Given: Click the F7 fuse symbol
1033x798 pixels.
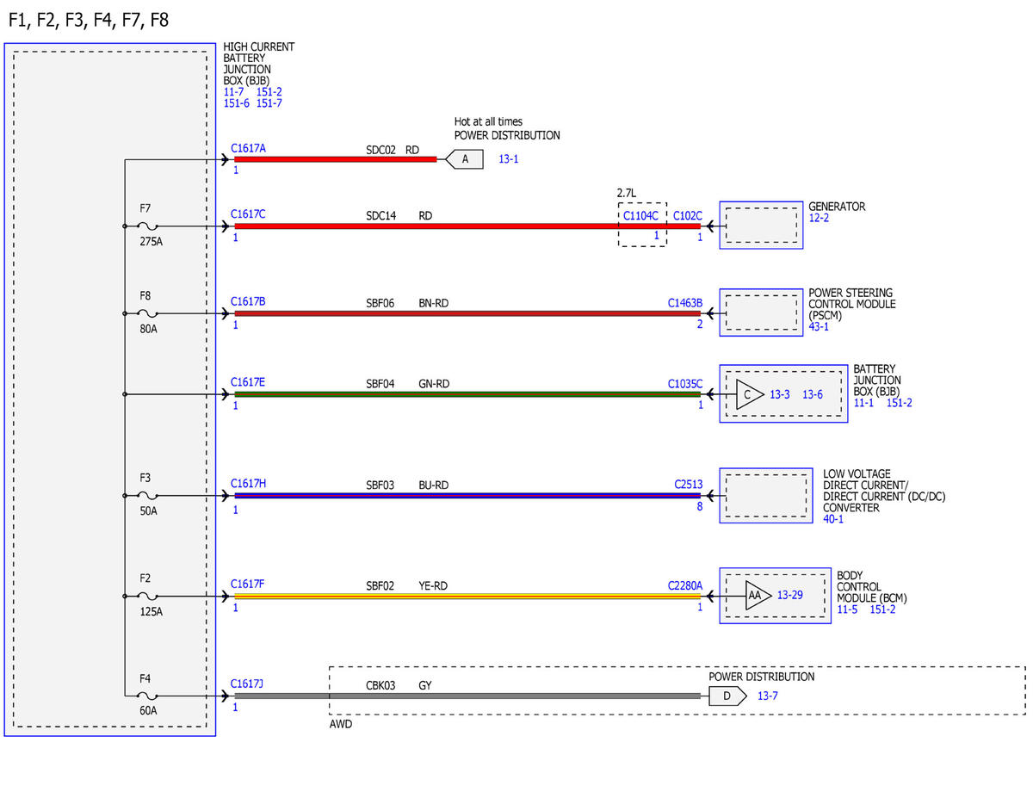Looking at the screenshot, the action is pyautogui.click(x=147, y=226).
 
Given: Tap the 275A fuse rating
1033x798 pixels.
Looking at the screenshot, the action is pyautogui.click(x=151, y=241).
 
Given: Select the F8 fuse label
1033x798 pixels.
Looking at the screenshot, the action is pyautogui.click(x=145, y=295).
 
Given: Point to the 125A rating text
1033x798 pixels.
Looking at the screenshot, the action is pyautogui.click(x=151, y=611).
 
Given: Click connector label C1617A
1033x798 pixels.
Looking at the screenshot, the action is pyautogui.click(x=248, y=148).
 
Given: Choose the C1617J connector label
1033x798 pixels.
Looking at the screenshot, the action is pyautogui.click(x=247, y=684).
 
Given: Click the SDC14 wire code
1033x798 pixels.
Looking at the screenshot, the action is pyautogui.click(x=380, y=216).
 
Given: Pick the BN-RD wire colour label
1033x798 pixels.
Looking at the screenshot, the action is pyautogui.click(x=433, y=303).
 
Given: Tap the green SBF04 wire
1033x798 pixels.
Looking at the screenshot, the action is pyautogui.click(x=467, y=394).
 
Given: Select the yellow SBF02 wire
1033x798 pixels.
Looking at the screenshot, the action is pyautogui.click(x=467, y=596).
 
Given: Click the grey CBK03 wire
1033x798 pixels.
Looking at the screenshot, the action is pyautogui.click(x=467, y=696).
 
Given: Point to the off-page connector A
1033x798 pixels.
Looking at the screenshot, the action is pyautogui.click(x=465, y=159).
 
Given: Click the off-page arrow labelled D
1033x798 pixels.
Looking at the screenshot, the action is pyautogui.click(x=727, y=696).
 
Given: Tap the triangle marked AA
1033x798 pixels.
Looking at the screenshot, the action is pyautogui.click(x=757, y=595).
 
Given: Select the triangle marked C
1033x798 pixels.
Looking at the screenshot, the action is pyautogui.click(x=749, y=394).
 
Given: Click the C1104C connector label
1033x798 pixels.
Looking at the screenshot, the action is pyautogui.click(x=640, y=216).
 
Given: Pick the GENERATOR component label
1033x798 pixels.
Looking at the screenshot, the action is pyautogui.click(x=837, y=207).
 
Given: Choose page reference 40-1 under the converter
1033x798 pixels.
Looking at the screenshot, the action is pyautogui.click(x=833, y=519).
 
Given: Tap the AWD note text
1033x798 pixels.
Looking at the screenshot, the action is pyautogui.click(x=341, y=724).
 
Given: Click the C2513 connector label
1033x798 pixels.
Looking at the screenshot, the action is pyautogui.click(x=688, y=485).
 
